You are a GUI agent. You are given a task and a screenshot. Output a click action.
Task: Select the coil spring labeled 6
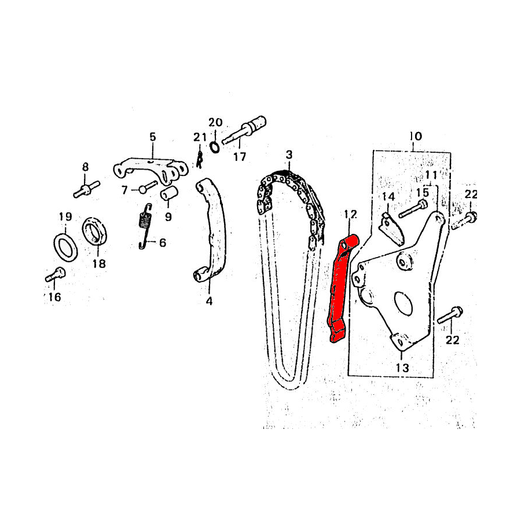point(145,226)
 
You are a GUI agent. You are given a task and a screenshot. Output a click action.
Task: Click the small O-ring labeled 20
point(215,146)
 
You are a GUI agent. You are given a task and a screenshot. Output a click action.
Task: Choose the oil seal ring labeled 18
point(95,231)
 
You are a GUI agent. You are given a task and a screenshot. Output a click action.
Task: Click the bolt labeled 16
point(56,274)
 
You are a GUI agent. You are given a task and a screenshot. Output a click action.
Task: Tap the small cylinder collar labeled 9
point(170,193)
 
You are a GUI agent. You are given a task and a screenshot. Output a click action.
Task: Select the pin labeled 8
point(86,190)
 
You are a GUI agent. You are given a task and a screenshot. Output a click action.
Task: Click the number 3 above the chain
point(289,155)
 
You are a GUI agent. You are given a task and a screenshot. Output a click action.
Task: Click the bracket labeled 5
point(151,169)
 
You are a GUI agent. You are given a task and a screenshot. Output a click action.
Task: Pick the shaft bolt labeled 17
point(244,131)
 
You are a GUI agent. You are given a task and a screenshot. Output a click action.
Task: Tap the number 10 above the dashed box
point(416,136)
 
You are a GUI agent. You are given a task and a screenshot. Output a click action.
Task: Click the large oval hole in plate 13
point(403,303)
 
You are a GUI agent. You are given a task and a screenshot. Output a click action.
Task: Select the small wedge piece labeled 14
point(391,230)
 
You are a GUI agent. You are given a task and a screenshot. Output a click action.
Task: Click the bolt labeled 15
point(413,208)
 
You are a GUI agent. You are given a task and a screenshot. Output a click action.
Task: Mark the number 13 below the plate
point(402,368)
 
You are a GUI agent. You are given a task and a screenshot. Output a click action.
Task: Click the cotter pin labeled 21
point(199,160)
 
